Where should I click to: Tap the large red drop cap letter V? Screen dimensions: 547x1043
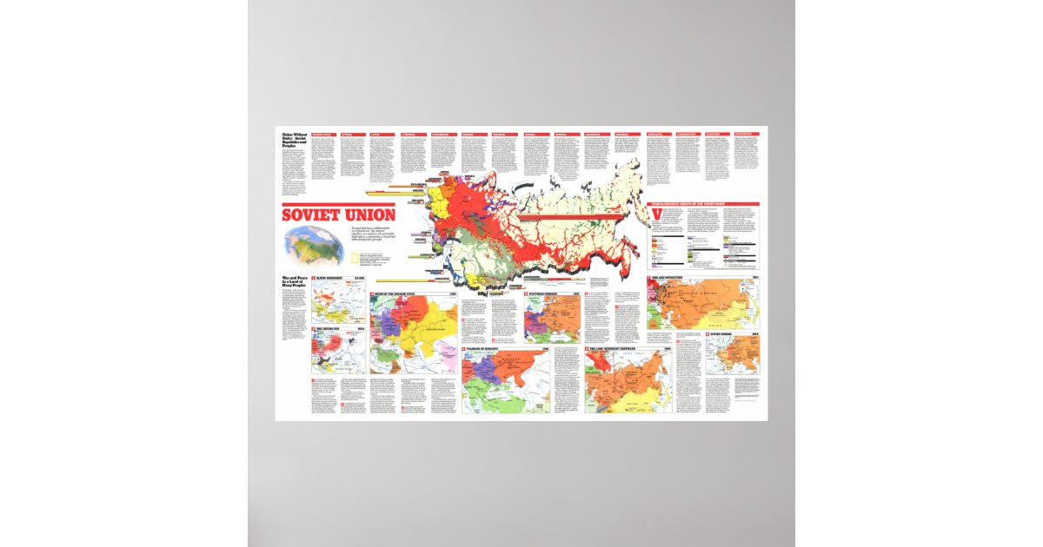(x=654, y=214)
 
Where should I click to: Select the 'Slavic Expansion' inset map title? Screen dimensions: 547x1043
(x=334, y=279)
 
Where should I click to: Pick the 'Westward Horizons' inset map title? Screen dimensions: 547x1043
(x=548, y=294)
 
